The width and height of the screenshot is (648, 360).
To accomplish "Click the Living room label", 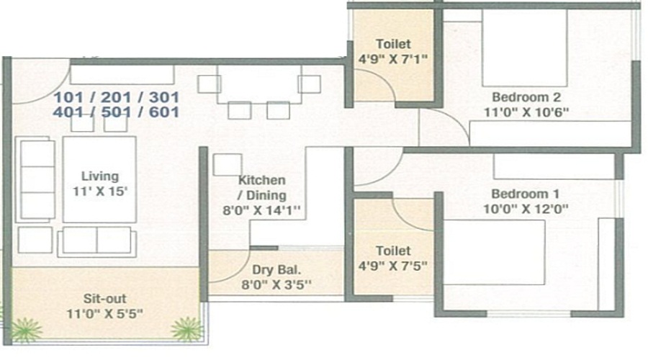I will (x=99, y=176).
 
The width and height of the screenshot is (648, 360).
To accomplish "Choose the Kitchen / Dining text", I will (x=262, y=187).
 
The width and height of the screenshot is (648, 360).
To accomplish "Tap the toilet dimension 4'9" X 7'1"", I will (x=393, y=60).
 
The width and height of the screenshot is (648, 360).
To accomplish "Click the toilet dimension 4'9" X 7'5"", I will (x=393, y=266).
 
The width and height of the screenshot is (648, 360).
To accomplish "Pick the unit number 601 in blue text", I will (x=163, y=112).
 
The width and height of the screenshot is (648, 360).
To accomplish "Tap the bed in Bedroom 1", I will (x=494, y=253).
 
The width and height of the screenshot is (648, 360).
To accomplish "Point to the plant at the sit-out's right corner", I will (x=187, y=328).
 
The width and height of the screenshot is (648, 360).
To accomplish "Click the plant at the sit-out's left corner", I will (x=27, y=329).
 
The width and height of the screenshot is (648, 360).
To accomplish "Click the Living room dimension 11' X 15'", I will (x=99, y=191).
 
